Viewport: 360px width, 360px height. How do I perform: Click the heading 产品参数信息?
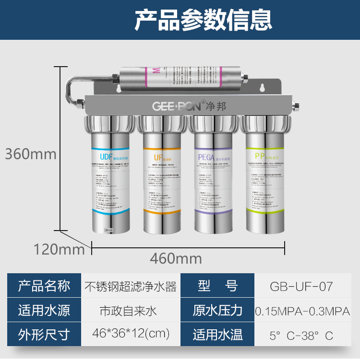tap(203, 20)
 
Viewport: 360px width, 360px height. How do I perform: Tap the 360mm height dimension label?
tap(31, 154)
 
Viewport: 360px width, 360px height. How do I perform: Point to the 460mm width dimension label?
tap(176, 258)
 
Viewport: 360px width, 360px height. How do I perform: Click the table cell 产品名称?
tap(44, 286)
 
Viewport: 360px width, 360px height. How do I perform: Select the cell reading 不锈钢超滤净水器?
tap(131, 287)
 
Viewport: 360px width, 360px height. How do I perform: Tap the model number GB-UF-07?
tap(301, 287)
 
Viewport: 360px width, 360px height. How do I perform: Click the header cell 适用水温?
tap(217, 334)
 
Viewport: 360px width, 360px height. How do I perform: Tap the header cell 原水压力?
tap(217, 311)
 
